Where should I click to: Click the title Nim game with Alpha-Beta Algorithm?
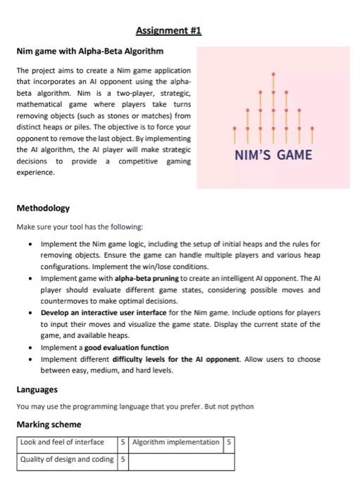point(89,51)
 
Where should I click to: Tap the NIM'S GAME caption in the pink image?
point(273,154)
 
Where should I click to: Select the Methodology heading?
point(44,208)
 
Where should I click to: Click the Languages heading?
point(37,389)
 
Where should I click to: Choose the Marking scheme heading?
point(49,425)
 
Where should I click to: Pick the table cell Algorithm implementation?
point(175,442)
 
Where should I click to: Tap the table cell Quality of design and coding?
point(67,459)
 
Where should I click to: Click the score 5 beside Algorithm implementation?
point(228,442)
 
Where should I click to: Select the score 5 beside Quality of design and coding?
point(123,459)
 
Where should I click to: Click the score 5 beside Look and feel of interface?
point(123,442)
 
